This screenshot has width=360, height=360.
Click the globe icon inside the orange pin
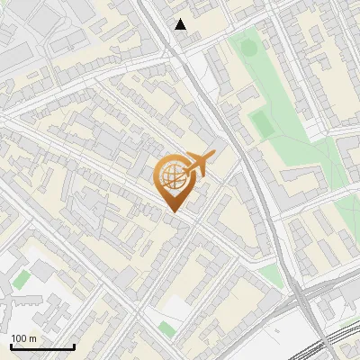click(171, 176)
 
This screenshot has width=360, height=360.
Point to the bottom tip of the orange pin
click(172, 212)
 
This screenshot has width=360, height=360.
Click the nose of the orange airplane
click(214, 156)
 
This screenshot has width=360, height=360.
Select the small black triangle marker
click(181, 25)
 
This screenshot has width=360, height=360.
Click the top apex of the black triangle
click(181, 20)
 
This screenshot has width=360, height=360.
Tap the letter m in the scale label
click(32, 338)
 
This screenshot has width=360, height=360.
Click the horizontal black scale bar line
click(41, 346)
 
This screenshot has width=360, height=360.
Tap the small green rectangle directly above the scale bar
click(20, 280)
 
